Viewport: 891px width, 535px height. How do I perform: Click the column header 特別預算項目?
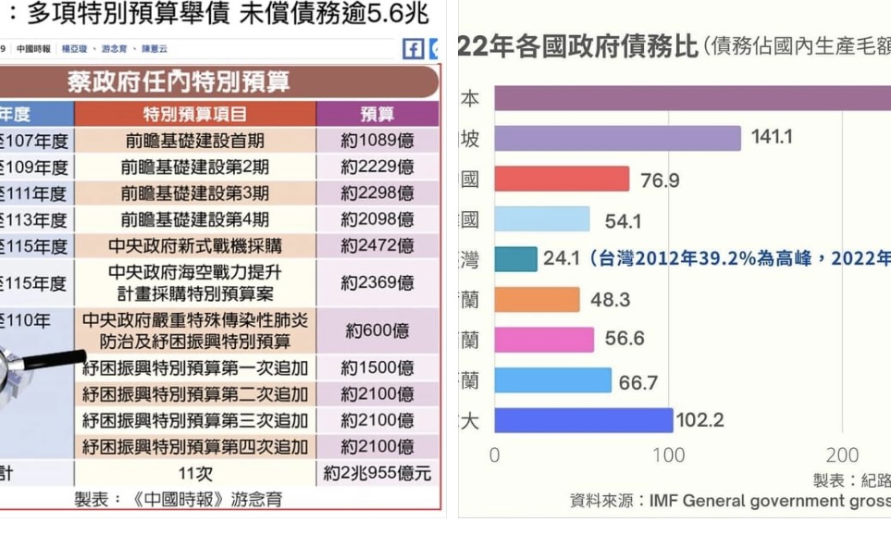click(195, 115)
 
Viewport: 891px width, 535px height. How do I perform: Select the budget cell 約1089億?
click(377, 141)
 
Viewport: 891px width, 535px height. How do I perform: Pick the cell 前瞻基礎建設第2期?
click(195, 168)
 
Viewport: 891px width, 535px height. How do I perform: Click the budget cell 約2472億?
click(377, 246)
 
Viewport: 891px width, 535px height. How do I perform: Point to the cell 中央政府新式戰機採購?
click(195, 246)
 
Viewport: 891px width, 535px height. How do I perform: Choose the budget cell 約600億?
click(377, 330)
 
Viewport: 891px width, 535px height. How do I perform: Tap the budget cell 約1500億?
click(377, 367)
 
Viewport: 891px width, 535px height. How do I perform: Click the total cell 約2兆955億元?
click(377, 474)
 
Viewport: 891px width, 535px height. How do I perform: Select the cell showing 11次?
click(195, 474)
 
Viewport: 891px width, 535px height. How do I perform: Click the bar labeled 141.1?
click(617, 138)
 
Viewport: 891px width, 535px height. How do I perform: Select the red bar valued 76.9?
click(562, 180)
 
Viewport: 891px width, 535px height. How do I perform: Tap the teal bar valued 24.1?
click(515, 258)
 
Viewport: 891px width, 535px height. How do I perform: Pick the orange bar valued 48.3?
click(537, 300)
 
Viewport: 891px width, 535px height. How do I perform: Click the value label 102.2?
click(699, 420)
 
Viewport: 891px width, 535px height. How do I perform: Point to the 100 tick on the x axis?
click(668, 455)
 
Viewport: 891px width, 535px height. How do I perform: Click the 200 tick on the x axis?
click(842, 455)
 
